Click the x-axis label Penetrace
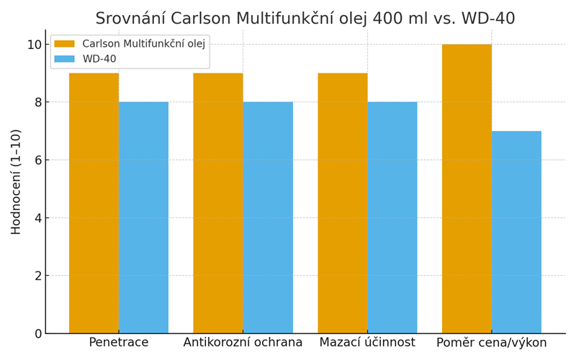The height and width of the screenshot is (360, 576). coord(119,343)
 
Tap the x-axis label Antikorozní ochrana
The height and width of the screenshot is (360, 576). coord(243,343)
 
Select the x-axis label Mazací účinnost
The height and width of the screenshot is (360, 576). coord(367,343)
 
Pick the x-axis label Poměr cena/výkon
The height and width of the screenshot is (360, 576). coord(492,343)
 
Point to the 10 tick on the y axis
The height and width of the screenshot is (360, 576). coord(34,45)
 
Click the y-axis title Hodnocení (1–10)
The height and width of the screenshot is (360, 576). coord(16,181)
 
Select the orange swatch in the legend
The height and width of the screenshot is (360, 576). coord(65,44)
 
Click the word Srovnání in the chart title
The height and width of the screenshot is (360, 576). coord(133,19)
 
